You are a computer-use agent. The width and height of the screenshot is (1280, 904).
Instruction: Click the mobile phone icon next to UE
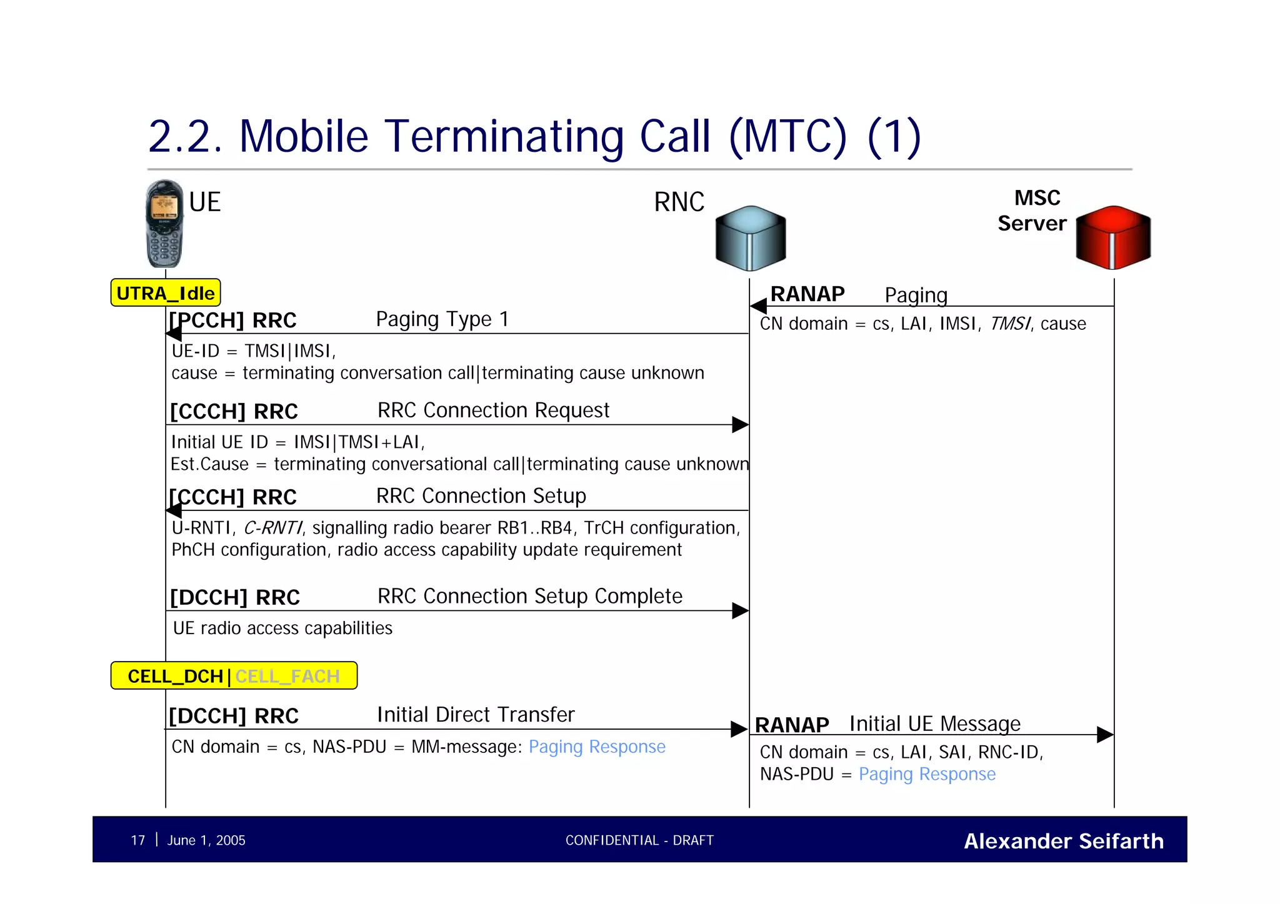[164, 224]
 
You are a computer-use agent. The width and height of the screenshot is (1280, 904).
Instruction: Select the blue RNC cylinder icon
[750, 238]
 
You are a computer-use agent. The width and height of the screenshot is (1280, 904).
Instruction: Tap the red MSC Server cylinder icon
[1112, 237]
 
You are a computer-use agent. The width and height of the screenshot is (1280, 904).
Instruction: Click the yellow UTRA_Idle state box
[166, 293]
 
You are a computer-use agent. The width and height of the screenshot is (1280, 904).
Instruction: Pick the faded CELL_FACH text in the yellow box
[287, 677]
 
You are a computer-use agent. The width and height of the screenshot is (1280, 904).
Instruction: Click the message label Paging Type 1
[442, 319]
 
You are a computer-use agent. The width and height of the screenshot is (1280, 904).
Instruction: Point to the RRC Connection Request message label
[493, 410]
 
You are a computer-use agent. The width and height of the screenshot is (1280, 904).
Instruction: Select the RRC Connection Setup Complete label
[529, 596]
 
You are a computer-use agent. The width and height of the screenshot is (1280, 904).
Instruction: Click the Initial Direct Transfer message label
[476, 715]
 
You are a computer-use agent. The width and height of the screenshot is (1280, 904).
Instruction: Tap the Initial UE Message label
[934, 723]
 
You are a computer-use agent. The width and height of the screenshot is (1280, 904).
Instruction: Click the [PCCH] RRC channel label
[232, 320]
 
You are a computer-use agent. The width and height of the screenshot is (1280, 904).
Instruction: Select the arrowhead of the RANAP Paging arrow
[758, 306]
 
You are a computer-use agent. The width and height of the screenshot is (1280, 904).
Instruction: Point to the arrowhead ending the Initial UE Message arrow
[1105, 735]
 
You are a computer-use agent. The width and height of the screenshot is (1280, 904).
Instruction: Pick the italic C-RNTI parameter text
[272, 528]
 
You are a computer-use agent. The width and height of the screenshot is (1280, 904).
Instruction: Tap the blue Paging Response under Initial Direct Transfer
[597, 747]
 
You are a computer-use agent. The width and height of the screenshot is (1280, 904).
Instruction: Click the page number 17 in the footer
[138, 840]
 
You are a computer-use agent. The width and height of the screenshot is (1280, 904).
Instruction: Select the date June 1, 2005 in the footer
[206, 840]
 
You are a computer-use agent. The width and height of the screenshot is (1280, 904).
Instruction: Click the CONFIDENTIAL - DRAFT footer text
[639, 840]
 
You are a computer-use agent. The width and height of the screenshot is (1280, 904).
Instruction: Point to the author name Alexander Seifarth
[1063, 841]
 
